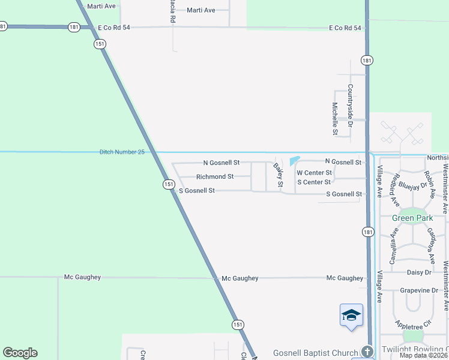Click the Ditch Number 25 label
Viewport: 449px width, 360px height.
122,152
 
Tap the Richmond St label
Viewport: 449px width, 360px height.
215,177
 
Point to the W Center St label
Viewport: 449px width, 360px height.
315,173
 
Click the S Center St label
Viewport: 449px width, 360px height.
314,182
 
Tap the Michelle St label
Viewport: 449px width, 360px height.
335,118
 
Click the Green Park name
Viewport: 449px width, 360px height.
412,218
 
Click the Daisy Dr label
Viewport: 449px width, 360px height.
420,272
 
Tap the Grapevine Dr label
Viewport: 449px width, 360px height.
419,290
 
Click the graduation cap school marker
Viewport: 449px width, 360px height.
351,315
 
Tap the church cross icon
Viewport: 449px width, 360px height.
368,352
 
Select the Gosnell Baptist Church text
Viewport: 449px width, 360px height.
315,353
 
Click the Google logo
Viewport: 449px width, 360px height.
20,353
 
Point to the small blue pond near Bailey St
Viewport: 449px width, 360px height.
295,161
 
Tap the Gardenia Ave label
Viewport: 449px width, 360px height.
430,245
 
